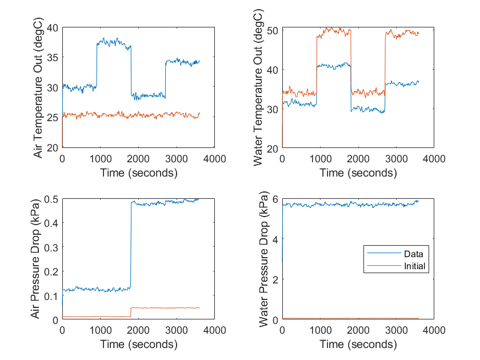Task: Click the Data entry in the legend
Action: tap(412, 254)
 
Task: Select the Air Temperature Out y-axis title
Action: tap(38, 87)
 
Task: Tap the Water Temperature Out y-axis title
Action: tap(258, 87)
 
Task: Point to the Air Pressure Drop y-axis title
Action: tap(38, 259)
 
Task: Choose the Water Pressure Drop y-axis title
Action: tap(264, 259)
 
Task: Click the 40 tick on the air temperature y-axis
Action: tap(53, 28)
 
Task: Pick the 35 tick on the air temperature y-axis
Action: tap(53, 58)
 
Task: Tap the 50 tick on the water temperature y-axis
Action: tap(272, 30)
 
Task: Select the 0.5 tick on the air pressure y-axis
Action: tap(51, 199)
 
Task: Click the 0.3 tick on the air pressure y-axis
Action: tap(51, 247)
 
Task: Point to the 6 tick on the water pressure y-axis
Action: tap(275, 199)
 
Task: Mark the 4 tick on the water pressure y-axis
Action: tap(275, 239)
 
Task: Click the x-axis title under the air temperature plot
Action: tap(138, 173)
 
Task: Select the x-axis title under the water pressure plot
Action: tap(358, 345)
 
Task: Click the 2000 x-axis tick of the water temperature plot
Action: tap(358, 158)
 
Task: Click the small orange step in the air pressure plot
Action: tap(131, 312)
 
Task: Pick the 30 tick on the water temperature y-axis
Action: tap(272, 109)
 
